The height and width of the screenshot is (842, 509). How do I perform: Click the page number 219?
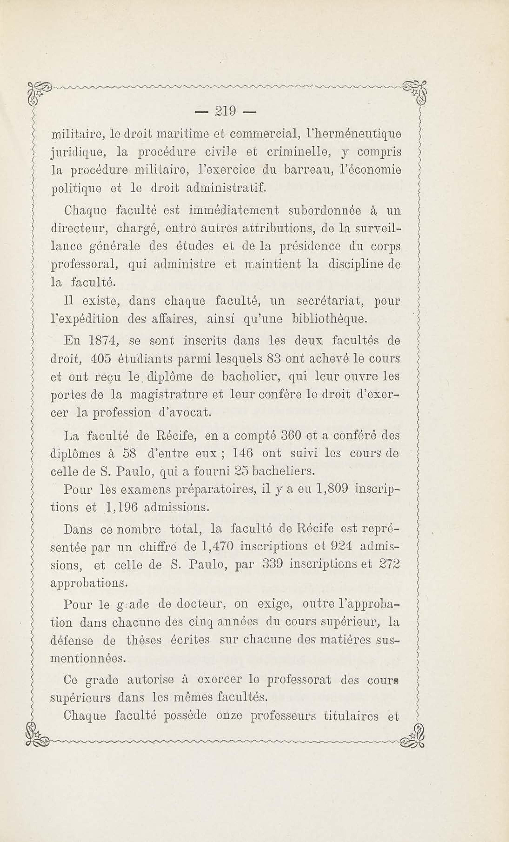click(226, 111)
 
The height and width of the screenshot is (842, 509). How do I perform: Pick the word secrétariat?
click(331, 301)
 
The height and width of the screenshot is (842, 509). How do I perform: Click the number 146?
click(242, 454)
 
